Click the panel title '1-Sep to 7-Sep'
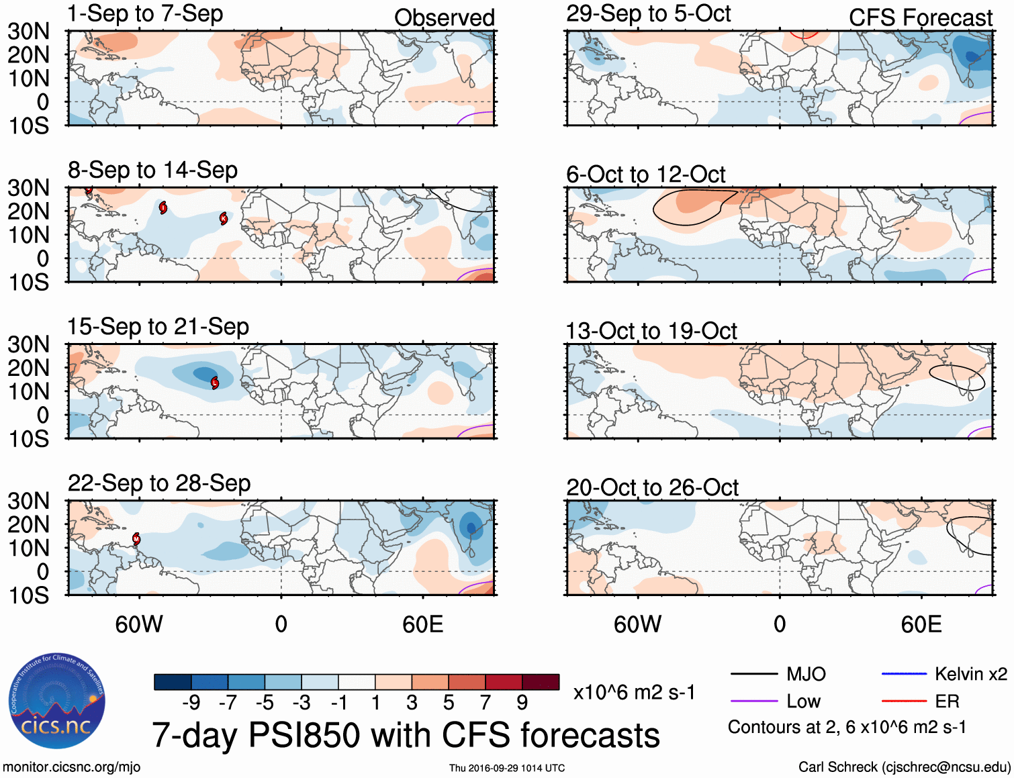(145, 14)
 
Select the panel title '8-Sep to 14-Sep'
(152, 171)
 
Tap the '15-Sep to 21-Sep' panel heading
(158, 327)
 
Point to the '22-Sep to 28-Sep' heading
(159, 483)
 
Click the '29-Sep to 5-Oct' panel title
(648, 14)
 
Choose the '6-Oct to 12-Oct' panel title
(645, 175)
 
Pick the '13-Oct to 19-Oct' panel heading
(651, 331)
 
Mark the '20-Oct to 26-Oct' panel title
(652, 487)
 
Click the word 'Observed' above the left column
(444, 18)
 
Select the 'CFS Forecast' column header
(920, 18)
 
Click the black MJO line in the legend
(753, 674)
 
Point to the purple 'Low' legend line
(753, 701)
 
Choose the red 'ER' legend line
(904, 701)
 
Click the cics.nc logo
(56, 702)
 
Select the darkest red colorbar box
(541, 682)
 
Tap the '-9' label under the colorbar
(191, 703)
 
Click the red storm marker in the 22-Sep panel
(136, 538)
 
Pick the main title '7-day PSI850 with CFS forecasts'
(406, 735)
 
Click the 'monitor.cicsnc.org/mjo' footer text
(72, 767)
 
